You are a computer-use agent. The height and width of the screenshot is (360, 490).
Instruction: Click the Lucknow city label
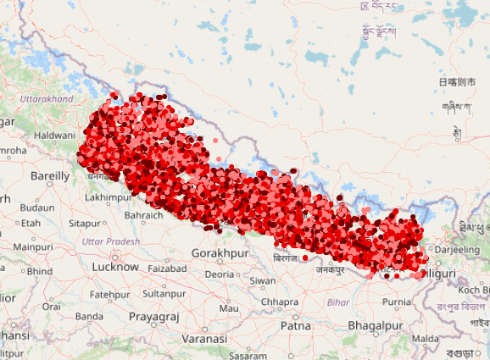click(x=114, y=267)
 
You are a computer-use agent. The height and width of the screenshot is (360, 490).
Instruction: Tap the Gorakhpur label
click(x=220, y=253)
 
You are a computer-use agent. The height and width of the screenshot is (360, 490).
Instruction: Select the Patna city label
click(x=296, y=324)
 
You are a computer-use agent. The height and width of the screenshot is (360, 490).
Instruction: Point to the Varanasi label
click(x=204, y=338)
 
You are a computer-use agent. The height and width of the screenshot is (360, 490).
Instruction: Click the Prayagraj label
click(x=153, y=316)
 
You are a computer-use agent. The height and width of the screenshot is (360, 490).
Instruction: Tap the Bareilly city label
click(x=50, y=176)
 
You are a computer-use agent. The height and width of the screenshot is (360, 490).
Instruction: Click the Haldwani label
click(x=54, y=136)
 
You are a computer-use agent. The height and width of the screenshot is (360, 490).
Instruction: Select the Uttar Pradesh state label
click(x=111, y=241)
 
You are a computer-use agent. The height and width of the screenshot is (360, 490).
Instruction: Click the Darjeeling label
click(x=456, y=251)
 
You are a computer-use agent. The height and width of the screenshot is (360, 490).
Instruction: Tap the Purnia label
click(x=396, y=302)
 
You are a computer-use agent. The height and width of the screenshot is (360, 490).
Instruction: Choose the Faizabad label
click(x=167, y=269)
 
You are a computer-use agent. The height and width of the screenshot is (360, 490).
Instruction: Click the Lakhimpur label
click(x=108, y=197)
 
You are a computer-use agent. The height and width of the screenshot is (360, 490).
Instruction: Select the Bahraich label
click(x=143, y=215)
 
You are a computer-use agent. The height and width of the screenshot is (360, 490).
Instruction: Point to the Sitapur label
click(x=84, y=224)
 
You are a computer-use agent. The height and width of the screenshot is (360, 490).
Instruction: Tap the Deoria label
click(x=219, y=274)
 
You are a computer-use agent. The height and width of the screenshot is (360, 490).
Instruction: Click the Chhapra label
click(x=280, y=302)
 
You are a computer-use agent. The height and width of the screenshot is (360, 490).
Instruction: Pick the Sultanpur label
click(x=164, y=293)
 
